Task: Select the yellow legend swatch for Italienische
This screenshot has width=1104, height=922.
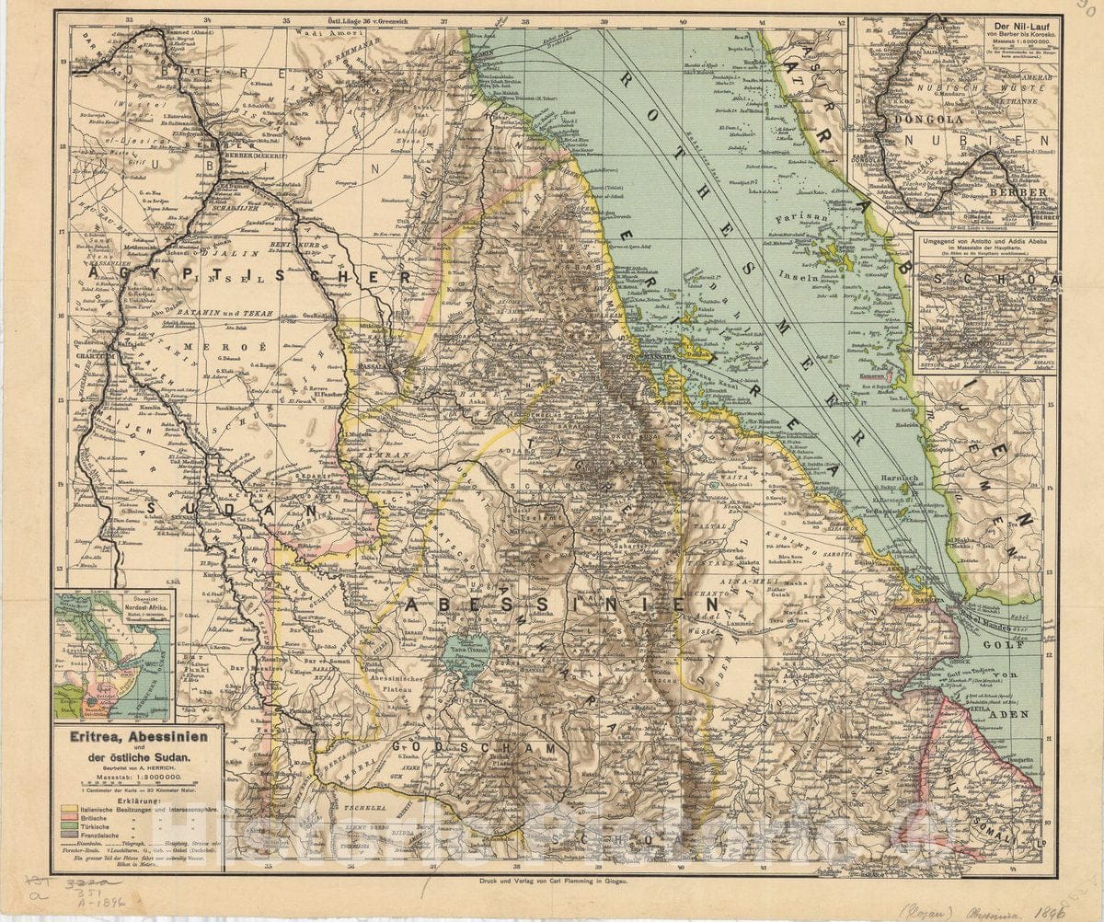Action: point(69,808)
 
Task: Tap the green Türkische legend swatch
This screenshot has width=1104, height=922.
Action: point(69,825)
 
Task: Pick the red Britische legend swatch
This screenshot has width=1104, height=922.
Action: point(69,817)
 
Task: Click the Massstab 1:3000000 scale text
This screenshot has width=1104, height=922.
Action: point(139,777)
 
